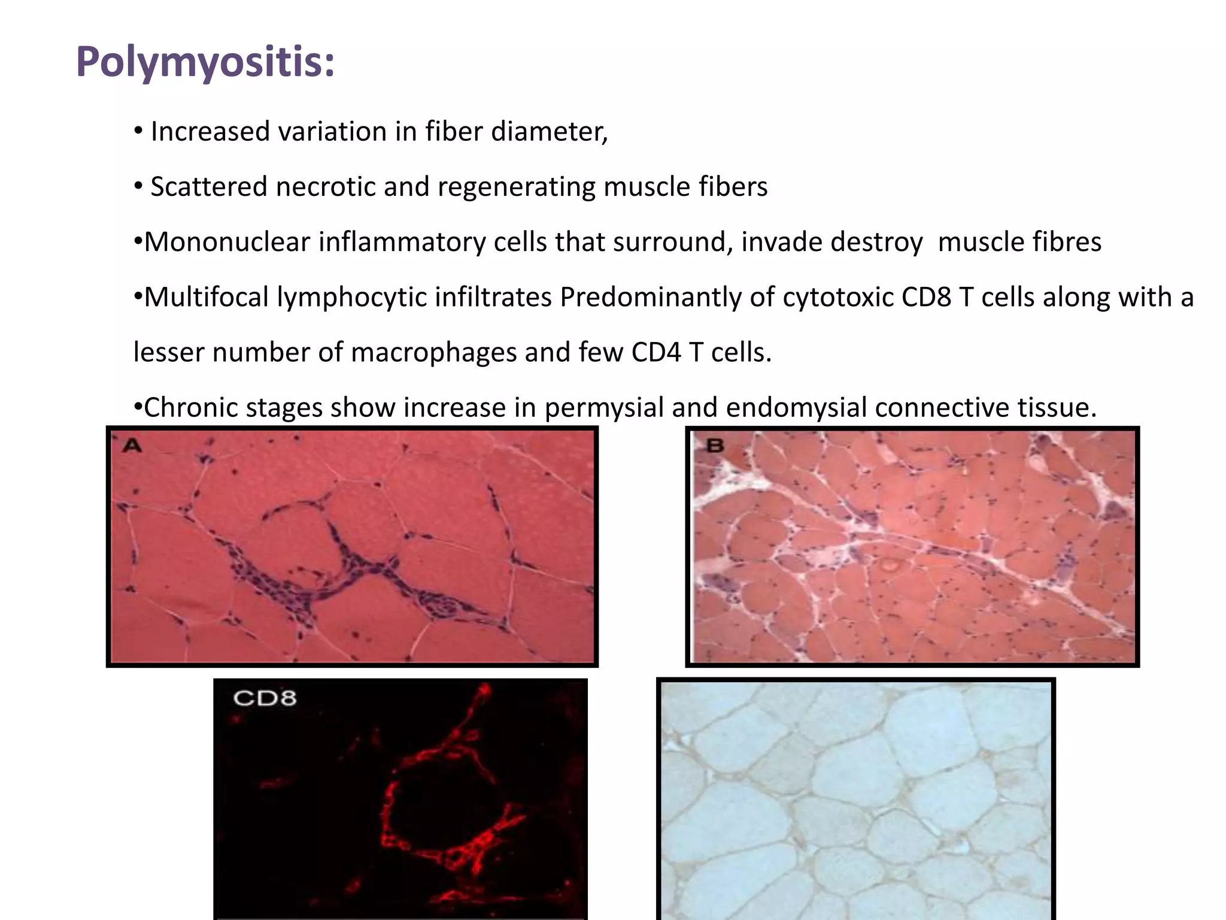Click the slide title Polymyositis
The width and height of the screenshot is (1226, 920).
(x=205, y=62)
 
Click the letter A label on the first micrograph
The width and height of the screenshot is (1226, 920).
(x=132, y=446)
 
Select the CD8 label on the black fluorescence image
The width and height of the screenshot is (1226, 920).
(x=265, y=698)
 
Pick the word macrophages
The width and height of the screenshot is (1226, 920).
(x=433, y=353)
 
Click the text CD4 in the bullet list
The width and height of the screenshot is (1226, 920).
(x=656, y=353)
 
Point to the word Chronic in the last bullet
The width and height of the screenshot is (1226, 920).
(x=190, y=408)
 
